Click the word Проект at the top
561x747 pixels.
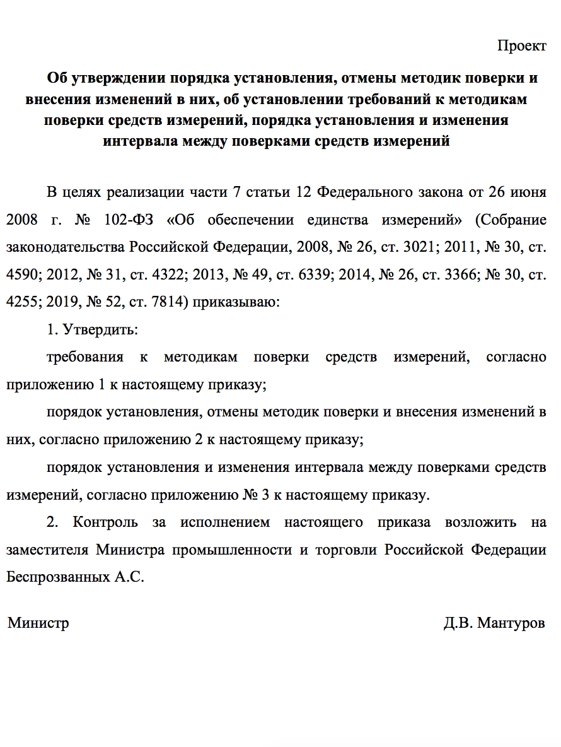[521, 46]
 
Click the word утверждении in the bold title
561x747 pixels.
[117, 79]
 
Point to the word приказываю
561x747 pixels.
[235, 302]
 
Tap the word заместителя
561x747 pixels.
[47, 550]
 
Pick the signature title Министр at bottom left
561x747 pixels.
[38, 623]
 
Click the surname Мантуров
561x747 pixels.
[511, 623]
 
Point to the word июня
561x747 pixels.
[529, 192]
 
